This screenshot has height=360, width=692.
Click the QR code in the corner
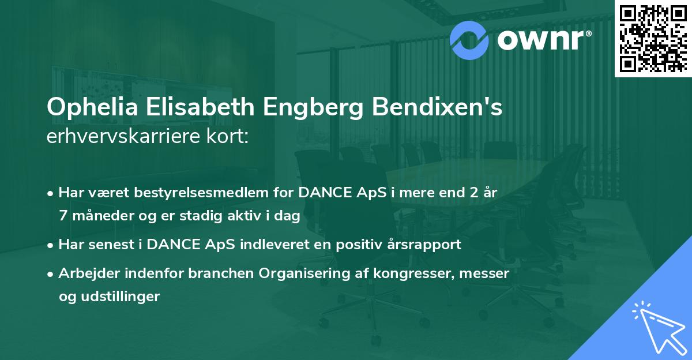(653, 38)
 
